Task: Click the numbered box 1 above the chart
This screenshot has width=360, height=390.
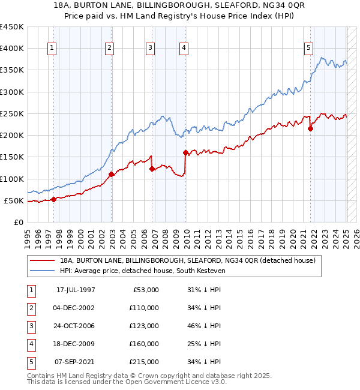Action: [x=53, y=49]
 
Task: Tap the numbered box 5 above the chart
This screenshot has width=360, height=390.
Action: [x=308, y=49]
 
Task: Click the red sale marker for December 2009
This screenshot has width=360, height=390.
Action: [x=185, y=152]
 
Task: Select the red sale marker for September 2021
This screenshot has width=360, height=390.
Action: [x=311, y=128]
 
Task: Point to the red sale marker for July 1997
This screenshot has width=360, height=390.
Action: [x=54, y=199]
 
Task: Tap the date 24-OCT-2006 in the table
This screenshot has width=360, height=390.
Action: [x=76, y=326]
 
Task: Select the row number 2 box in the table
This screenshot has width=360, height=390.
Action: [x=30, y=308]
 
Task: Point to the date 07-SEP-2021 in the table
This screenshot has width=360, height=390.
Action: [x=76, y=362]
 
